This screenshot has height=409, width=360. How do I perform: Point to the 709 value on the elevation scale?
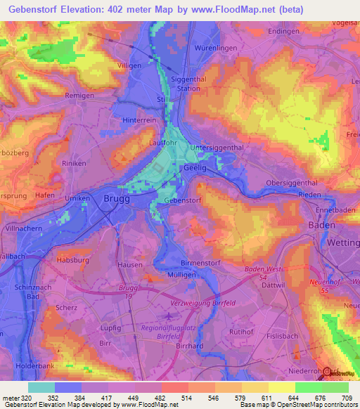349,399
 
